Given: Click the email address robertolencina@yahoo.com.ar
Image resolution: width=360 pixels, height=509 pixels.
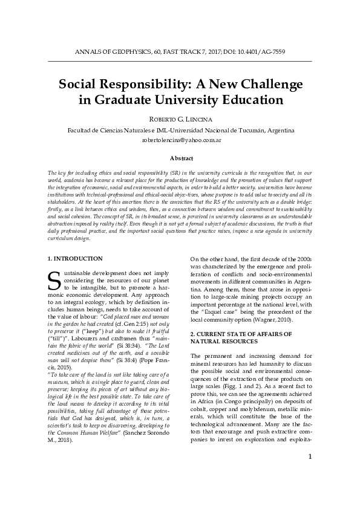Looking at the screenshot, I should coord(180,140).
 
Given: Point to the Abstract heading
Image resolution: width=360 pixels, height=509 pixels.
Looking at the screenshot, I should coord(180,158).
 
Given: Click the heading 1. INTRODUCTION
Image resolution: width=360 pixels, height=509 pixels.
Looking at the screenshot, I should coord(75,258).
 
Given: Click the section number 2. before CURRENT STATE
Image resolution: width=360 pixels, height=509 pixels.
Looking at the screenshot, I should coord(193,334).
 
